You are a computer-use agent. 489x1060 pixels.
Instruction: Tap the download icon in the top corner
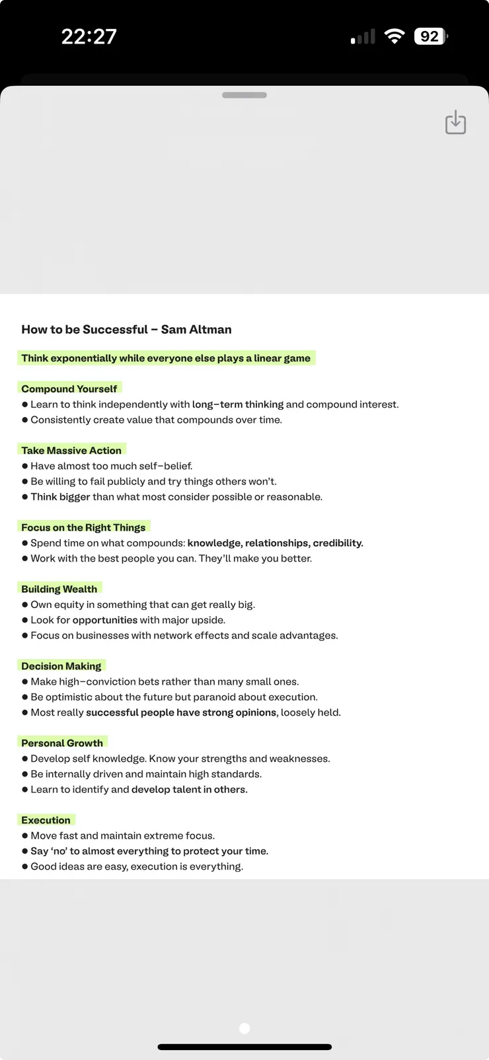click(455, 123)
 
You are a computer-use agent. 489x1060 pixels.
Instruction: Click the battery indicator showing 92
click(430, 36)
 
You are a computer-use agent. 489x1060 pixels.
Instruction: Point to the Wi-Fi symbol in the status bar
click(395, 36)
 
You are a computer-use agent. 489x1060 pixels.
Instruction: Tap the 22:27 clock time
click(89, 36)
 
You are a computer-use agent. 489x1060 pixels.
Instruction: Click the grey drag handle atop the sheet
click(244, 95)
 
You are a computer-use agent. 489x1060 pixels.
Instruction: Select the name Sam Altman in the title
click(196, 329)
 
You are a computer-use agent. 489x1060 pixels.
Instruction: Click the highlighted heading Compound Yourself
click(69, 389)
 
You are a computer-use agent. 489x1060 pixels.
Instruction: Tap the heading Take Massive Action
click(71, 450)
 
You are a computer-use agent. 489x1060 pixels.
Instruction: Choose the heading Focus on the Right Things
click(83, 527)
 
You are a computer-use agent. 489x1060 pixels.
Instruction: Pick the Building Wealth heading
click(59, 589)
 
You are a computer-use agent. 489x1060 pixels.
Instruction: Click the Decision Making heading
click(61, 666)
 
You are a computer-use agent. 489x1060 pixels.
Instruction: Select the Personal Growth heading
click(62, 743)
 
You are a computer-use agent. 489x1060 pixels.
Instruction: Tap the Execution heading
click(46, 820)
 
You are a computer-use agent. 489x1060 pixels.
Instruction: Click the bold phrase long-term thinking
click(238, 404)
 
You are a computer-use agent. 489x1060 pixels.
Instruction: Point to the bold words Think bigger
click(60, 497)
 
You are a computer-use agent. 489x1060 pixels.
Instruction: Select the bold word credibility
click(338, 543)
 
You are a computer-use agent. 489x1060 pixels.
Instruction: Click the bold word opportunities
click(105, 620)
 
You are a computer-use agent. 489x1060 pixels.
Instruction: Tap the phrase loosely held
click(311, 712)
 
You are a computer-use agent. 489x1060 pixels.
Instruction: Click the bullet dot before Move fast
click(25, 836)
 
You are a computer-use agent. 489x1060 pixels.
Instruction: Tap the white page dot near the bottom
click(244, 1028)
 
